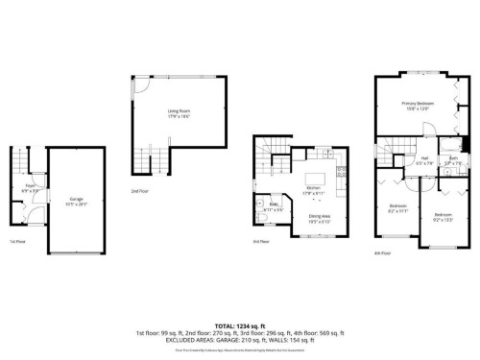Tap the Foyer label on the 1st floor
pyautogui.click(x=30, y=188)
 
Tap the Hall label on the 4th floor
pyautogui.click(x=423, y=161)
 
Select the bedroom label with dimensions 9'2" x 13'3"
pyautogui.click(x=442, y=216)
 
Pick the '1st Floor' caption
pyautogui.click(x=17, y=242)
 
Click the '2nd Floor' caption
pyautogui.click(x=140, y=191)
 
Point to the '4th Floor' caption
pyautogui.click(x=382, y=252)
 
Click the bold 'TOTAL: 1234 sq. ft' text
pyautogui.click(x=239, y=326)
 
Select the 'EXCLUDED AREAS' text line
pyautogui.click(x=239, y=340)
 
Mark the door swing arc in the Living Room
pyautogui.click(x=141, y=85)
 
